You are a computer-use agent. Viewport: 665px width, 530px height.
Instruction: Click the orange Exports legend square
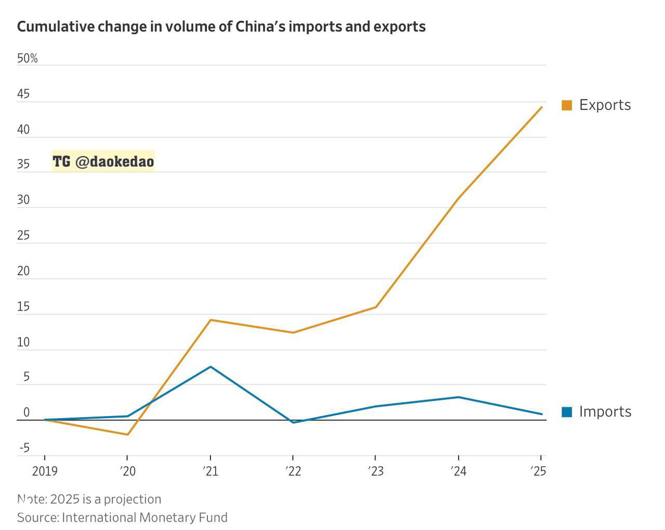click(567, 105)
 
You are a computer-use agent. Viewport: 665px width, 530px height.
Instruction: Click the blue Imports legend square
click(567, 412)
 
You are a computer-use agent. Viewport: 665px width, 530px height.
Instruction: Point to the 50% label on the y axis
click(27, 58)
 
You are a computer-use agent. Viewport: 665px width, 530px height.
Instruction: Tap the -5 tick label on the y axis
click(24, 448)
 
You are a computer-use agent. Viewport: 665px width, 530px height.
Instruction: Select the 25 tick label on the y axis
click(23, 236)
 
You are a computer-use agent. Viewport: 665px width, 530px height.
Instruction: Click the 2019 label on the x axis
click(45, 471)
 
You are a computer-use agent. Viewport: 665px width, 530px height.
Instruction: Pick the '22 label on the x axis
click(293, 471)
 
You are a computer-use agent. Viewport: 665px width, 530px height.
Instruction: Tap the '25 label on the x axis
click(538, 471)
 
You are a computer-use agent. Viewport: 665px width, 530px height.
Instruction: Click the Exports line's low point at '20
click(127, 434)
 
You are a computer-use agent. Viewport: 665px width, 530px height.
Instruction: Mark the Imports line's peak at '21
click(210, 367)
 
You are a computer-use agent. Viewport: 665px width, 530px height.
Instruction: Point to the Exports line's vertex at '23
click(376, 307)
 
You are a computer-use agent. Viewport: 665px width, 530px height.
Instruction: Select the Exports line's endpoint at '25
click(542, 107)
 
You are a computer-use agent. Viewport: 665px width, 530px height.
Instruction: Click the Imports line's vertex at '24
click(458, 397)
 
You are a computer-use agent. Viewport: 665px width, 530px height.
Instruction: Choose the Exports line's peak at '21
click(210, 320)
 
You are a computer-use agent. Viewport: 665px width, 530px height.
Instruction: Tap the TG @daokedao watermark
click(103, 162)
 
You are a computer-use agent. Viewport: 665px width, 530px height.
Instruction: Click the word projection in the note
click(132, 499)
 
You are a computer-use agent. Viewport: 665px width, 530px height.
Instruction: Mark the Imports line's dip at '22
click(293, 422)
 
